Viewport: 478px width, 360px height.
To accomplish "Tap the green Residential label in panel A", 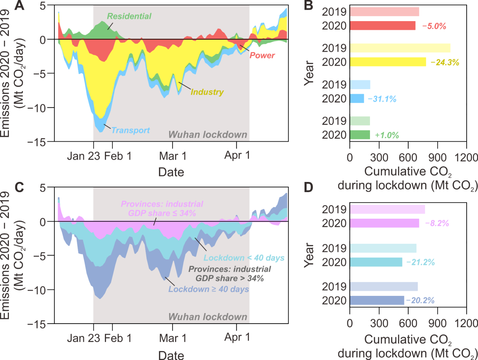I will click(129, 16).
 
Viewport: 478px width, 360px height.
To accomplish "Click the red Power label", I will click(262, 55).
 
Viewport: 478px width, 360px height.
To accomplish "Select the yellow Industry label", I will click(207, 92).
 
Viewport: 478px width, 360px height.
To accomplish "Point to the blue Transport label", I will click(131, 130).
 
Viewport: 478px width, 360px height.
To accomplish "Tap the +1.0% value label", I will click(387, 135).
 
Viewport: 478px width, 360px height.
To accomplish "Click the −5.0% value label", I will click(433, 26).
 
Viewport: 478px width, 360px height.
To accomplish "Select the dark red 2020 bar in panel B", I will click(382, 26).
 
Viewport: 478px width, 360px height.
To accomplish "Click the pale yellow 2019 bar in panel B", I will click(400, 48).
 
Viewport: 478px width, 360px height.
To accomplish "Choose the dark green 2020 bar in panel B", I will click(360, 135).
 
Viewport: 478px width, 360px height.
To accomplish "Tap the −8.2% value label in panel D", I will click(435, 223).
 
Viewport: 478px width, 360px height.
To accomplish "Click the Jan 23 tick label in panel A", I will click(81, 156).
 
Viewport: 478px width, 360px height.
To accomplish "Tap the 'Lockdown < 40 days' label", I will click(244, 258).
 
